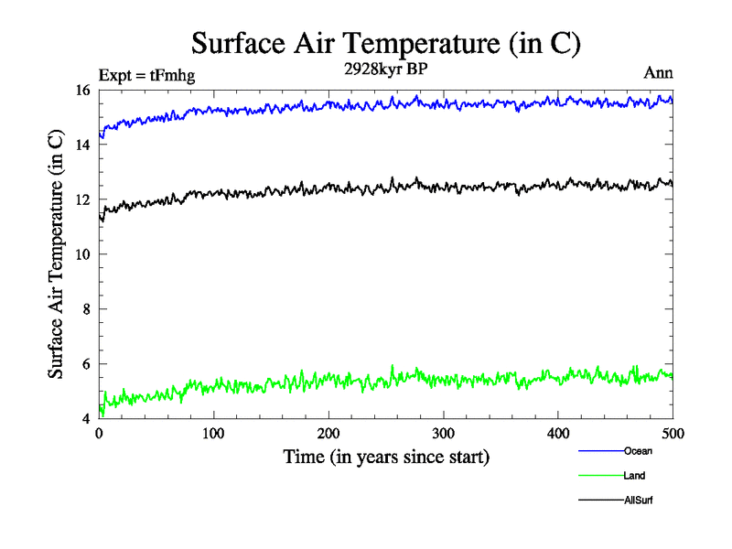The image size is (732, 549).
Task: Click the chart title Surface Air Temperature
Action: click(385, 43)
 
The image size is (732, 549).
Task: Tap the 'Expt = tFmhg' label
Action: click(146, 75)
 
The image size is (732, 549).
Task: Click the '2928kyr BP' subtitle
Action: click(385, 71)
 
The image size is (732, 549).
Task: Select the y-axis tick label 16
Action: click(83, 90)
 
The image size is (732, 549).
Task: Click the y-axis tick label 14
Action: click(83, 145)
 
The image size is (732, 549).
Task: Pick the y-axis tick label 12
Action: click(83, 199)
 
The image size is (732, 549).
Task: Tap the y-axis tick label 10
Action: click(83, 254)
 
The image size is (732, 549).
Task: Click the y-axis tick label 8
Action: click(87, 309)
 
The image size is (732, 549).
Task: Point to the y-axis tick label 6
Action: click(87, 364)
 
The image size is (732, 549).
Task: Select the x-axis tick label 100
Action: click(213, 432)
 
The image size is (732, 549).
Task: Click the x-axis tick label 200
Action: click(328, 432)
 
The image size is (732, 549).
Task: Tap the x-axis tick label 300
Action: click(443, 432)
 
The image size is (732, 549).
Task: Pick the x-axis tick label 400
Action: click(558, 432)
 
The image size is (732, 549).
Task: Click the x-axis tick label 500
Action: click(673, 432)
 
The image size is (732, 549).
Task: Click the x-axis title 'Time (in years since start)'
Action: click(385, 457)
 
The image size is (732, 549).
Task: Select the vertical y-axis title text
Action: click(56, 254)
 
